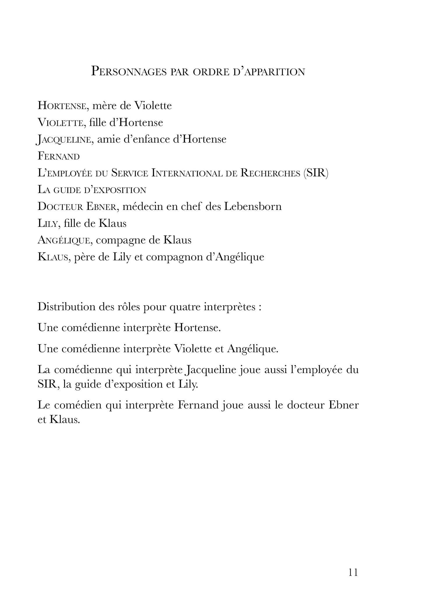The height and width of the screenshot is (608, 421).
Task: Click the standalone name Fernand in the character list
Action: tap(59, 156)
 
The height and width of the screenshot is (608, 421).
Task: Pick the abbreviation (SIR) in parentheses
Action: tap(316, 173)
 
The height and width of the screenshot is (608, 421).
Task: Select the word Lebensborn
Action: tap(253, 207)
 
